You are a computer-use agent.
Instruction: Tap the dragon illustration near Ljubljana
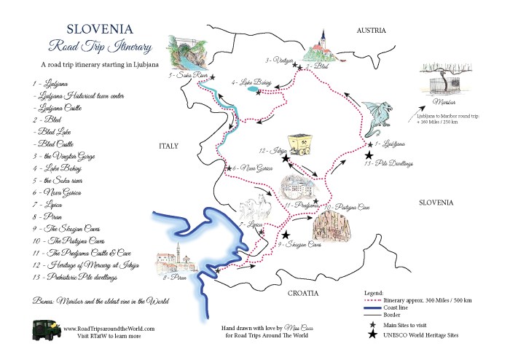click(380, 118)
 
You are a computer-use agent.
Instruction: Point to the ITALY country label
click(169, 147)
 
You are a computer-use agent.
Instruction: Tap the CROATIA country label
click(302, 293)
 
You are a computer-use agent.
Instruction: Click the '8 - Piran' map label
click(172, 278)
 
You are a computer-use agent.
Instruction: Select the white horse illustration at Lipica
click(248, 207)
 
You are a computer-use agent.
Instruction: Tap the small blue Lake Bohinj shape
click(251, 90)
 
